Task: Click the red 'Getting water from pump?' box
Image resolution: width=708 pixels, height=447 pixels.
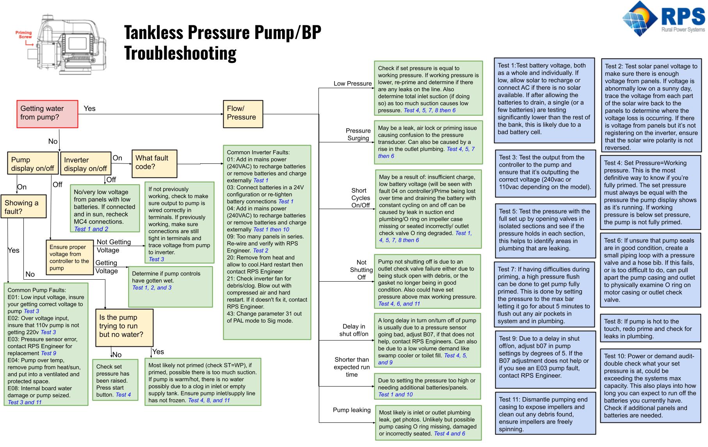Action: pos(47,114)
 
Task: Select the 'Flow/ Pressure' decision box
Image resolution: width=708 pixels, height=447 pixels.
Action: pos(243,114)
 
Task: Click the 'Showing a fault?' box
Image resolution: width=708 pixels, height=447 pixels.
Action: pos(23,207)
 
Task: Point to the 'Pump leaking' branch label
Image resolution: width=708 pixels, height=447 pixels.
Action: pos(352,410)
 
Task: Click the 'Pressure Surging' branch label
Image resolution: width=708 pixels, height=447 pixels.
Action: pos(358,134)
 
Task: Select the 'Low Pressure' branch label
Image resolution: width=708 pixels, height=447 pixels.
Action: pos(352,83)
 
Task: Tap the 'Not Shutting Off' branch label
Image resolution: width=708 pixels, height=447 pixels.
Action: pos(361,270)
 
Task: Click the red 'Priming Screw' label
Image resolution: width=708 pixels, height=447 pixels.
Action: pos(24,35)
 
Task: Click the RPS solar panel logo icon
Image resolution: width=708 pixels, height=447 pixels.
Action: pos(640,20)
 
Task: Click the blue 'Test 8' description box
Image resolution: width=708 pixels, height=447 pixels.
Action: pos(650,329)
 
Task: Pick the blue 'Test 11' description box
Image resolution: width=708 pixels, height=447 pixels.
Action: pos(545,414)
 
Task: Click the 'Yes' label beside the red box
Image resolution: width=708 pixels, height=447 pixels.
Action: pos(89,108)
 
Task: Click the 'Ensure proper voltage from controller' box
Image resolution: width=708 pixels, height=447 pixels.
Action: pos(69,257)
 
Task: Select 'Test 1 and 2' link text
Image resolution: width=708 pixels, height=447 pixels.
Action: pos(91,229)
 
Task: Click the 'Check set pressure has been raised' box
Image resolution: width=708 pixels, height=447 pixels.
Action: pos(115,380)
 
